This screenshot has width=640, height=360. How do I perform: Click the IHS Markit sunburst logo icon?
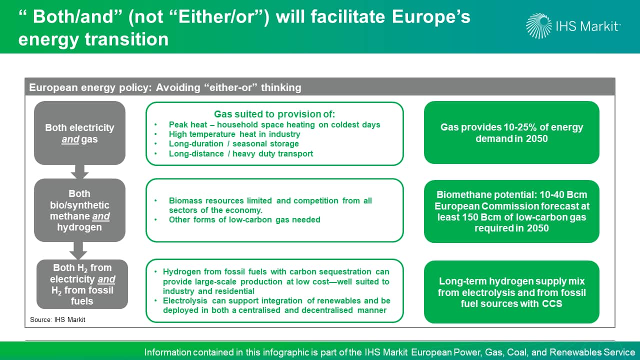pos(539,26)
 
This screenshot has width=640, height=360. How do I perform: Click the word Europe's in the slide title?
pos(431,16)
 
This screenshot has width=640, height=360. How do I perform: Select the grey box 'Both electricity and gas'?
pos(79,133)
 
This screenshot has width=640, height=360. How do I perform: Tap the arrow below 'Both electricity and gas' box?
pos(79,171)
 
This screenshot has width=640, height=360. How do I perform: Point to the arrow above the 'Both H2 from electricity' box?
pos(78,250)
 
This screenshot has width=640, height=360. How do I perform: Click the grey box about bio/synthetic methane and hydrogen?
pos(79,210)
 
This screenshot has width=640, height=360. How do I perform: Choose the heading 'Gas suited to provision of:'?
pos(274,114)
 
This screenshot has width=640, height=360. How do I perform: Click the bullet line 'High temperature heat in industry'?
pos(234,134)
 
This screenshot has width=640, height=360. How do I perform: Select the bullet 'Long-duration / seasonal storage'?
pos(233,143)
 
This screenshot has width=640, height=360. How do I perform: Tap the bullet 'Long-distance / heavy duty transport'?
pos(241,153)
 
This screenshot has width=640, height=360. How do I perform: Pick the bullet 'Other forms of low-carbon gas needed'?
pos(244,219)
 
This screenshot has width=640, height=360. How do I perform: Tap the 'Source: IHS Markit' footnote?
pos(57,319)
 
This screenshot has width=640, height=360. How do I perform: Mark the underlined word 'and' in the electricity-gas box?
pos(70,139)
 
